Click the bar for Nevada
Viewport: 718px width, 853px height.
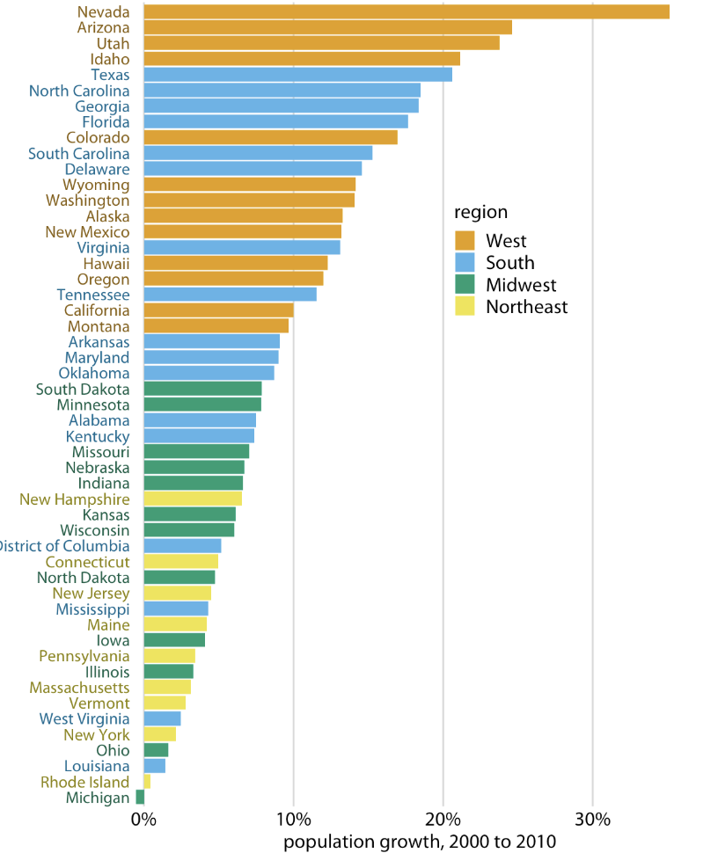pos(406,11)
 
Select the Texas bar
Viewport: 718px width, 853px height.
pos(297,75)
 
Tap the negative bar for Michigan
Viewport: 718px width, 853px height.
pos(140,798)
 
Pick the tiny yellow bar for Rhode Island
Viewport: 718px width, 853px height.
pos(147,782)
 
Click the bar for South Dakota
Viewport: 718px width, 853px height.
pos(202,389)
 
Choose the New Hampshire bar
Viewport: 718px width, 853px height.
pos(193,499)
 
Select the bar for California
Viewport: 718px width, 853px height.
pos(218,310)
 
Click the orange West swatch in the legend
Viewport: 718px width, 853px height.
pos(465,241)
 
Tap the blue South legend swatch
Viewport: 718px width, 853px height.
pos(465,263)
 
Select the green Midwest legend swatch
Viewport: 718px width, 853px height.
pos(465,285)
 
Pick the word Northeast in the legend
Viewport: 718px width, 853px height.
pos(526,307)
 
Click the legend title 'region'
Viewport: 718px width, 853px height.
pos(480,212)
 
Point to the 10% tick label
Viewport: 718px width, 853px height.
pos(293,820)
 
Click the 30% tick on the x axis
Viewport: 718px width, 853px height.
pos(592,820)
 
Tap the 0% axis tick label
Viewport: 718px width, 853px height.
pos(143,820)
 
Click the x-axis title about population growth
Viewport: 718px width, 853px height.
pos(420,842)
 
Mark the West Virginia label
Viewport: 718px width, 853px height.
pos(84,719)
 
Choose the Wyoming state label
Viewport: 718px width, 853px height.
pos(96,185)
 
